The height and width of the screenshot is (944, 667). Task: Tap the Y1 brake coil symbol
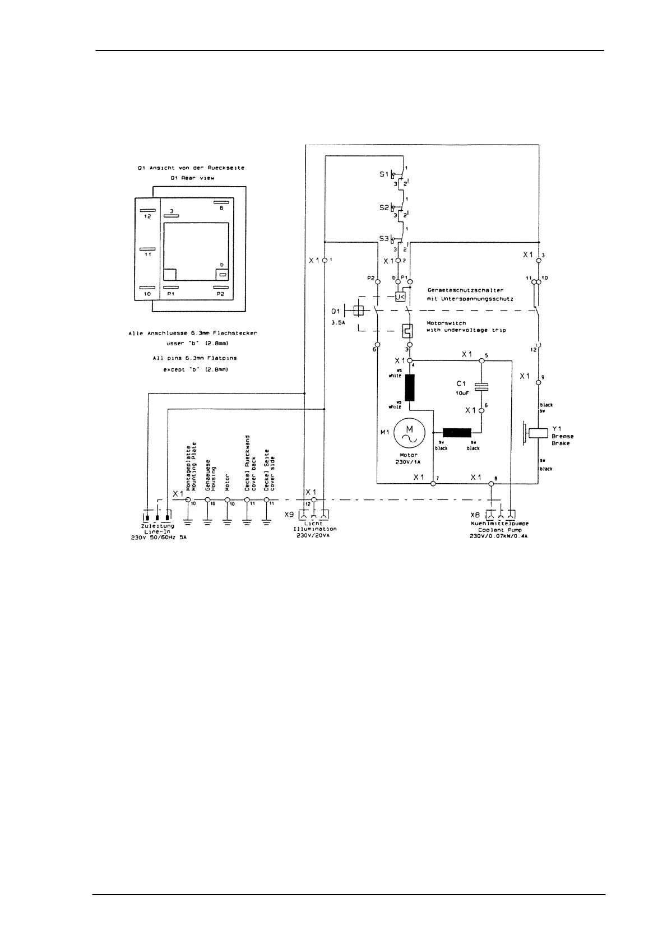coord(538,433)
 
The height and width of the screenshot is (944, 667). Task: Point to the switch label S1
coord(384,174)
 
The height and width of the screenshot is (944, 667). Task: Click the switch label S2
coord(384,207)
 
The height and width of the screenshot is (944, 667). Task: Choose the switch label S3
coord(384,239)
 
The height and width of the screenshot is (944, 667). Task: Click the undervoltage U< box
coord(400,297)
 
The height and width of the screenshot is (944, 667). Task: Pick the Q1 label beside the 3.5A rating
coord(335,311)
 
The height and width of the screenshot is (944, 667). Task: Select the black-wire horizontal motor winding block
coord(456,433)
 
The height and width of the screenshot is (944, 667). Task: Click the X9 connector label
coord(289,514)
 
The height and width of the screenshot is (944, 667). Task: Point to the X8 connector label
coord(475,514)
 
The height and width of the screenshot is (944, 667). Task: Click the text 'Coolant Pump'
coord(499,530)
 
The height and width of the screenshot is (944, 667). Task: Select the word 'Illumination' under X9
coord(314,529)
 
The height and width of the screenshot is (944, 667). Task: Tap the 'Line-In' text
coord(157,531)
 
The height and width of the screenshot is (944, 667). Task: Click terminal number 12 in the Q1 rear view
coord(147,216)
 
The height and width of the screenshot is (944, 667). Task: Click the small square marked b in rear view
coord(223,275)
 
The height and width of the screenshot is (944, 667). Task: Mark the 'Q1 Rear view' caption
coord(192,178)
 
